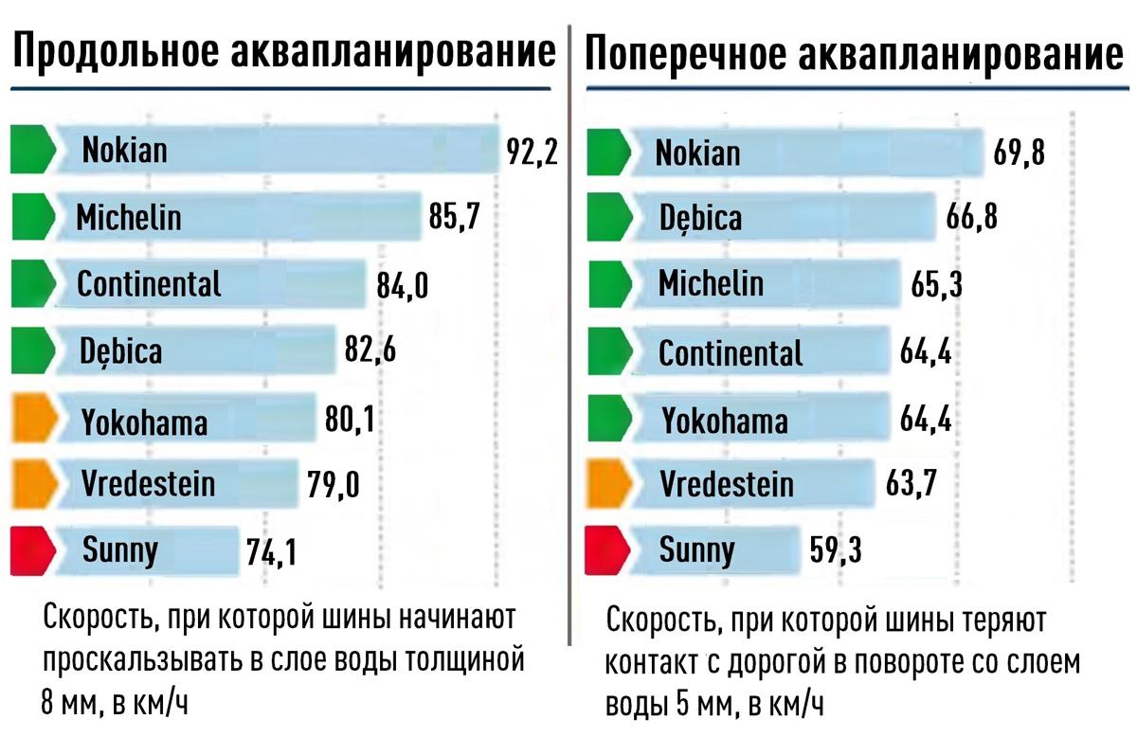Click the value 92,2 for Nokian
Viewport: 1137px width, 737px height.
coord(532,152)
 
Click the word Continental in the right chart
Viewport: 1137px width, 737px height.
coord(731,352)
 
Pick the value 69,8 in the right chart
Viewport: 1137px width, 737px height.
coord(1019,152)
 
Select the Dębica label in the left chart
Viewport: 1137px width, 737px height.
coord(120,351)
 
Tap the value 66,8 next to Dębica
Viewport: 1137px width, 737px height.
coord(972,218)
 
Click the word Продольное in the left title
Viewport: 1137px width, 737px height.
coord(116,54)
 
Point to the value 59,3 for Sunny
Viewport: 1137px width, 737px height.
coord(837,549)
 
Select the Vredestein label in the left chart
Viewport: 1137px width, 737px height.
coord(148,484)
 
